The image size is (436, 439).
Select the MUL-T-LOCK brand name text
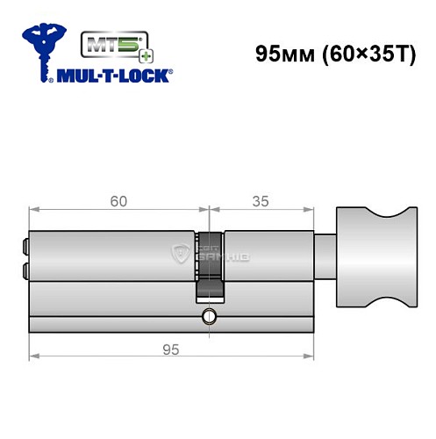(116, 77)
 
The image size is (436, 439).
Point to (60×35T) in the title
(358, 53)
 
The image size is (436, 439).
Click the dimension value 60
(118, 201)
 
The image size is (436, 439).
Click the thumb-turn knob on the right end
(373, 263)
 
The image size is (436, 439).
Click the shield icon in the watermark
(182, 255)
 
